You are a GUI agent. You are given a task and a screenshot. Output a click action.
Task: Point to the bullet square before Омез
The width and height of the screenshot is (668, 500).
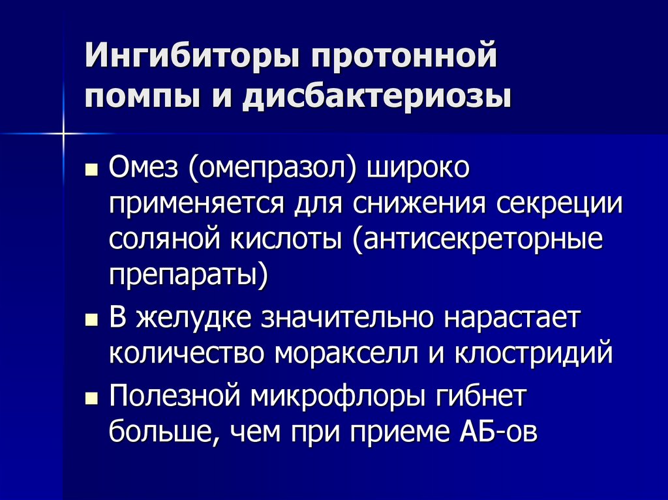93,173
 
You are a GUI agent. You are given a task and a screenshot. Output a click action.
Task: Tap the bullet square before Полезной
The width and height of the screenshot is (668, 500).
93,400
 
